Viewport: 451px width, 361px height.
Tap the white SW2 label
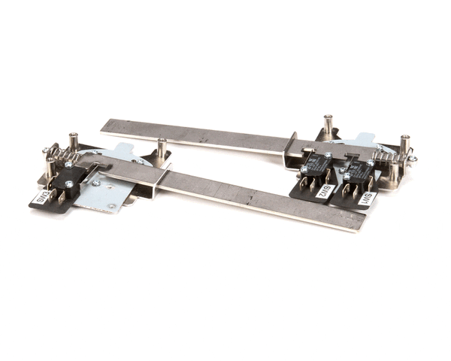pyautogui.click(x=325, y=191)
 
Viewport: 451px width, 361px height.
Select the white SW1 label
pyautogui.click(x=368, y=198)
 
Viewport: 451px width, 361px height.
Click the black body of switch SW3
pyautogui.click(x=69, y=180)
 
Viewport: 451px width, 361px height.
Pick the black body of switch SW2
pyautogui.click(x=317, y=165)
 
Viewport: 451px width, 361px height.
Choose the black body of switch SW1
pyautogui.click(x=358, y=172)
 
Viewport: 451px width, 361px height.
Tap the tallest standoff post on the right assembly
pyautogui.click(x=328, y=125)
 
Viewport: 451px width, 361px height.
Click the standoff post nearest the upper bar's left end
pyautogui.click(x=162, y=148)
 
